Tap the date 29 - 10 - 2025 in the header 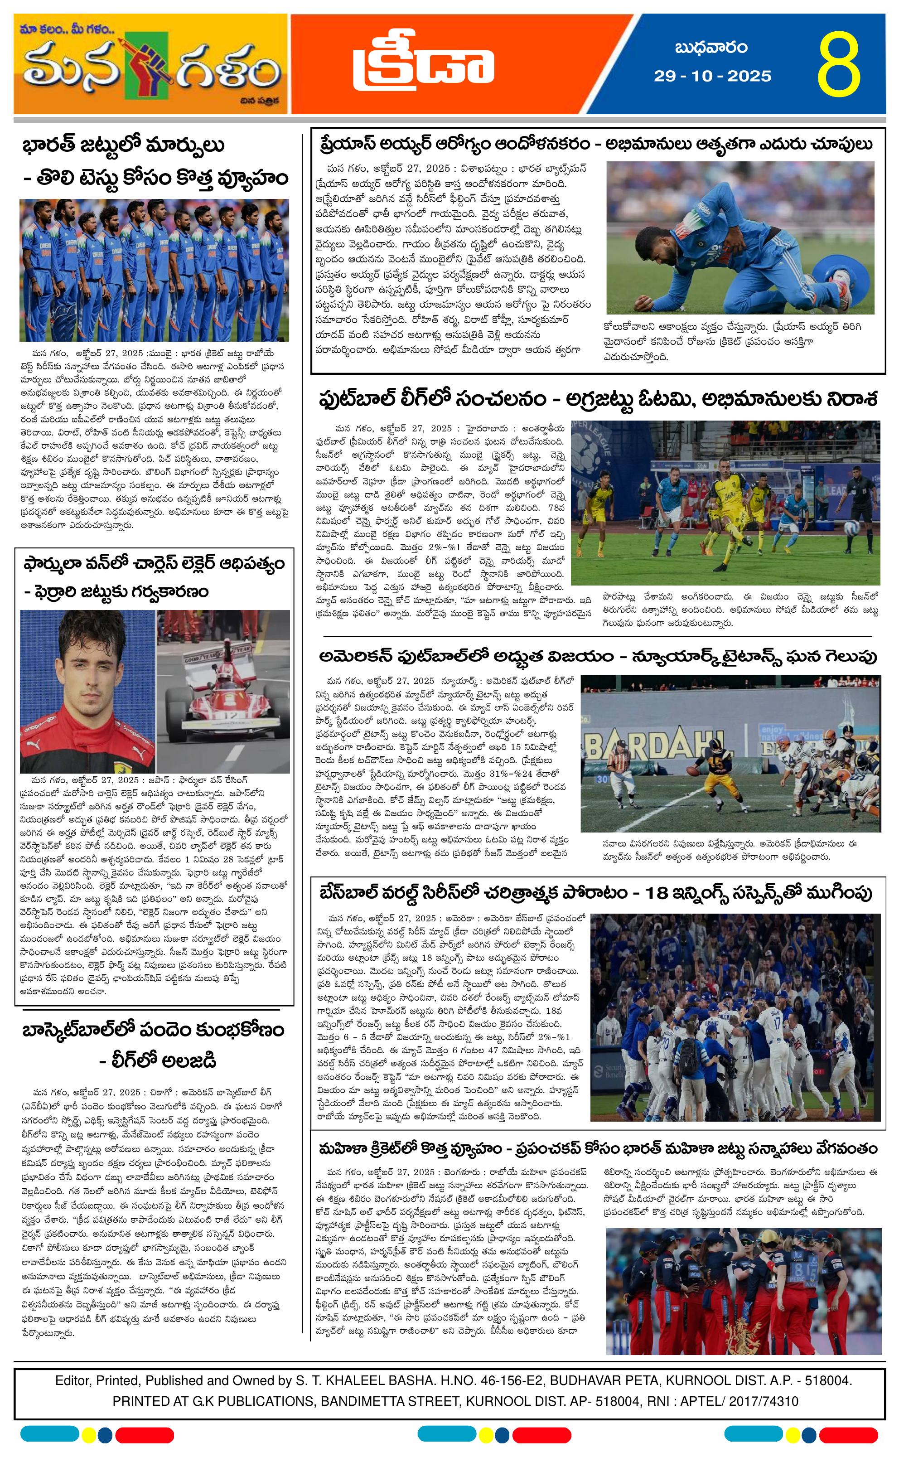[x=712, y=76]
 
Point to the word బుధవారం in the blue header [x=710, y=48]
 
